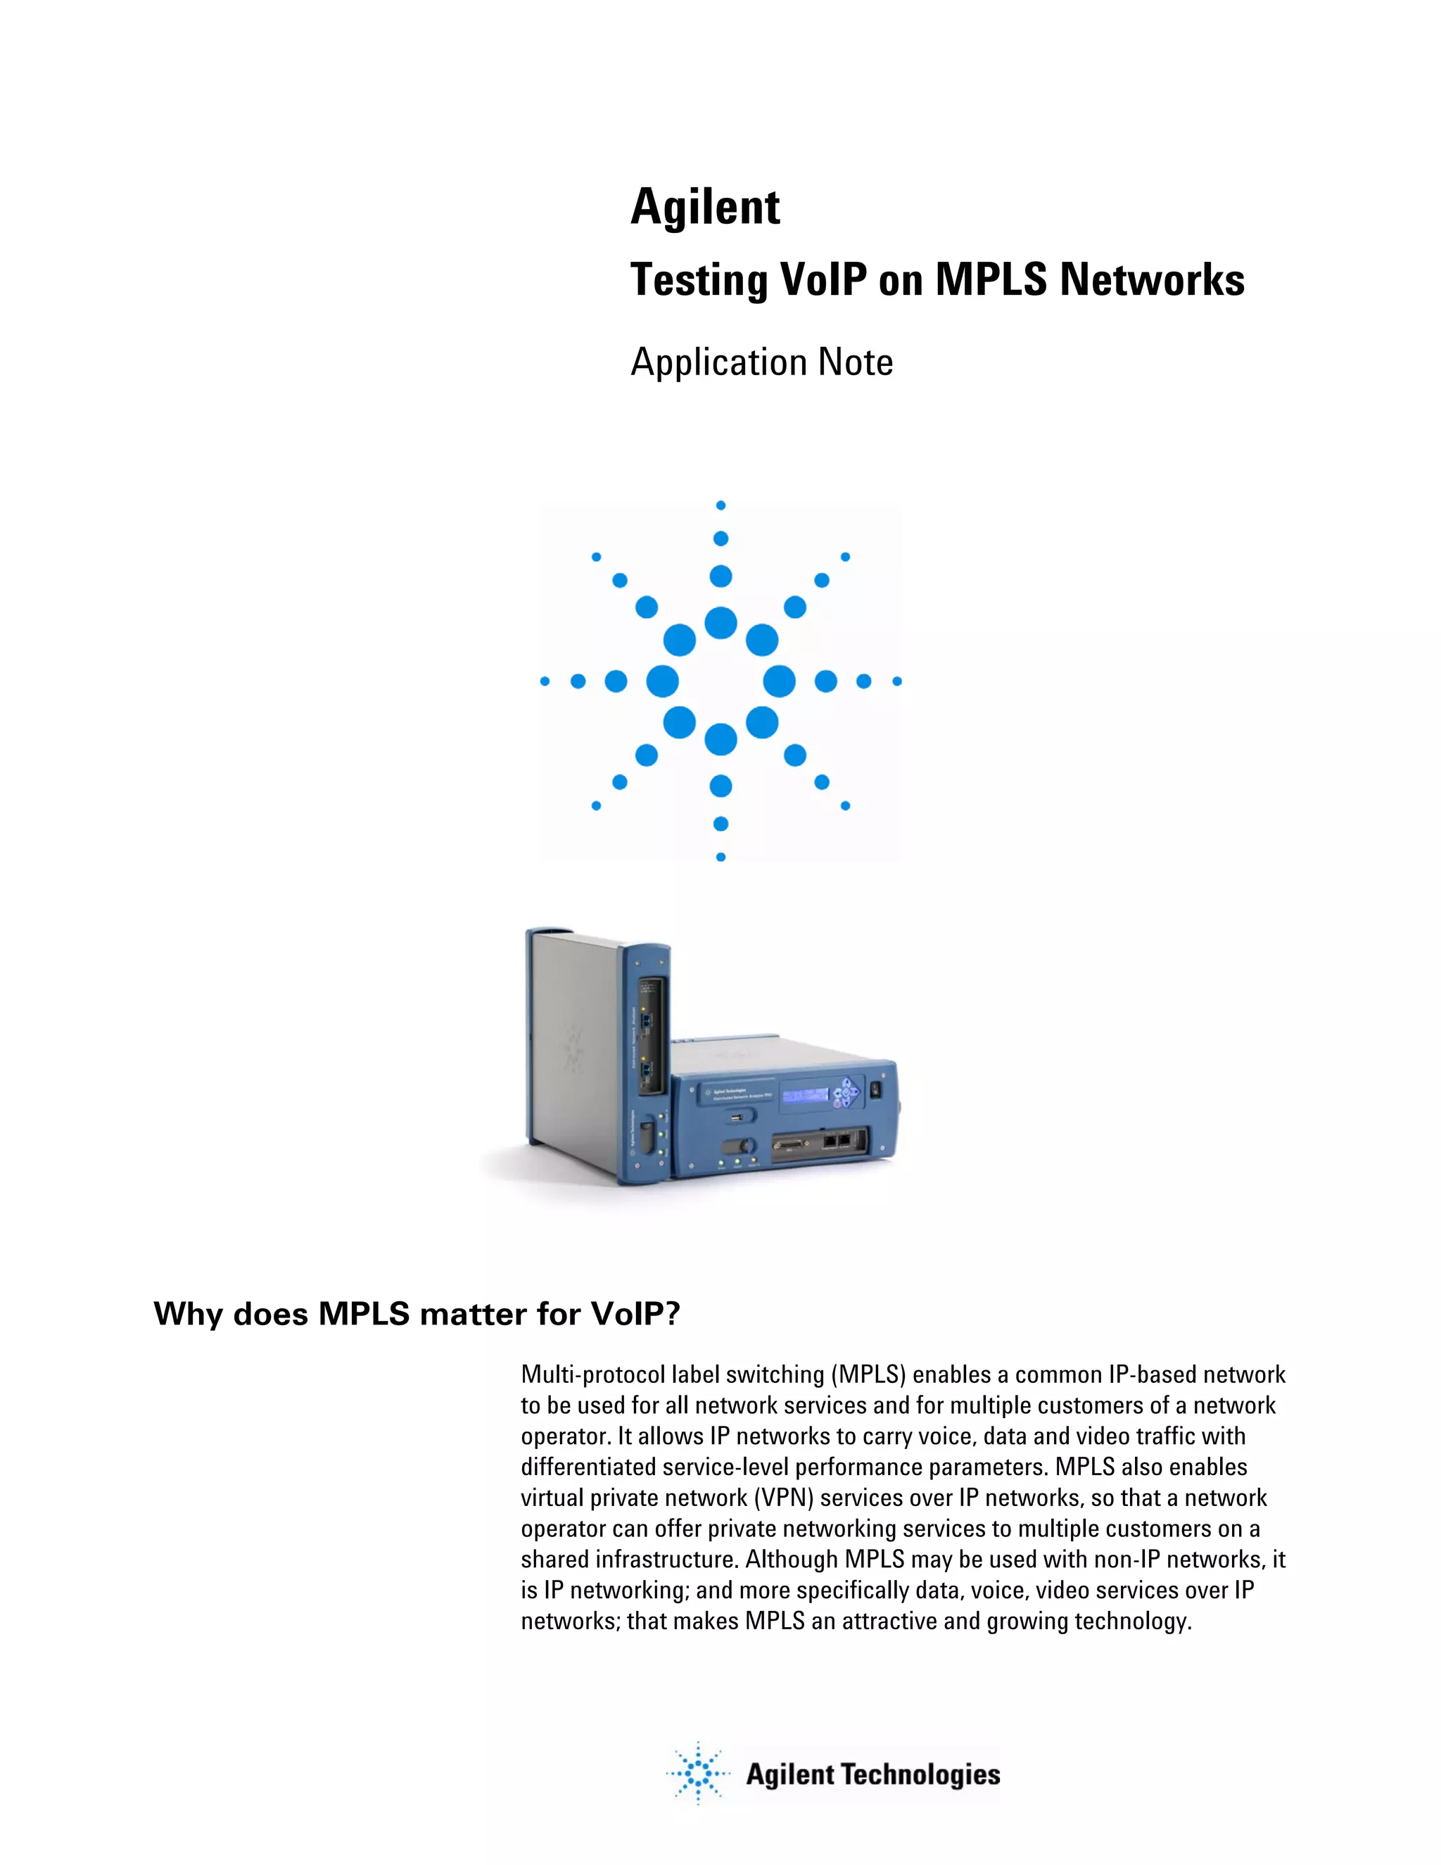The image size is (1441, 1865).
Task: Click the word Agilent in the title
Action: pos(705,208)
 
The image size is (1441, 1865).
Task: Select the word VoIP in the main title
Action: pos(820,279)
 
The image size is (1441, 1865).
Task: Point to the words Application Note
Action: pos(761,362)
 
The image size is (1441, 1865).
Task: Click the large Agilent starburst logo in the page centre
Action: pos(720,681)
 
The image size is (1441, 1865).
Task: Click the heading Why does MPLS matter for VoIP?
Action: pos(417,1313)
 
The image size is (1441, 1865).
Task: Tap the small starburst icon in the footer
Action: pos(697,1774)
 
